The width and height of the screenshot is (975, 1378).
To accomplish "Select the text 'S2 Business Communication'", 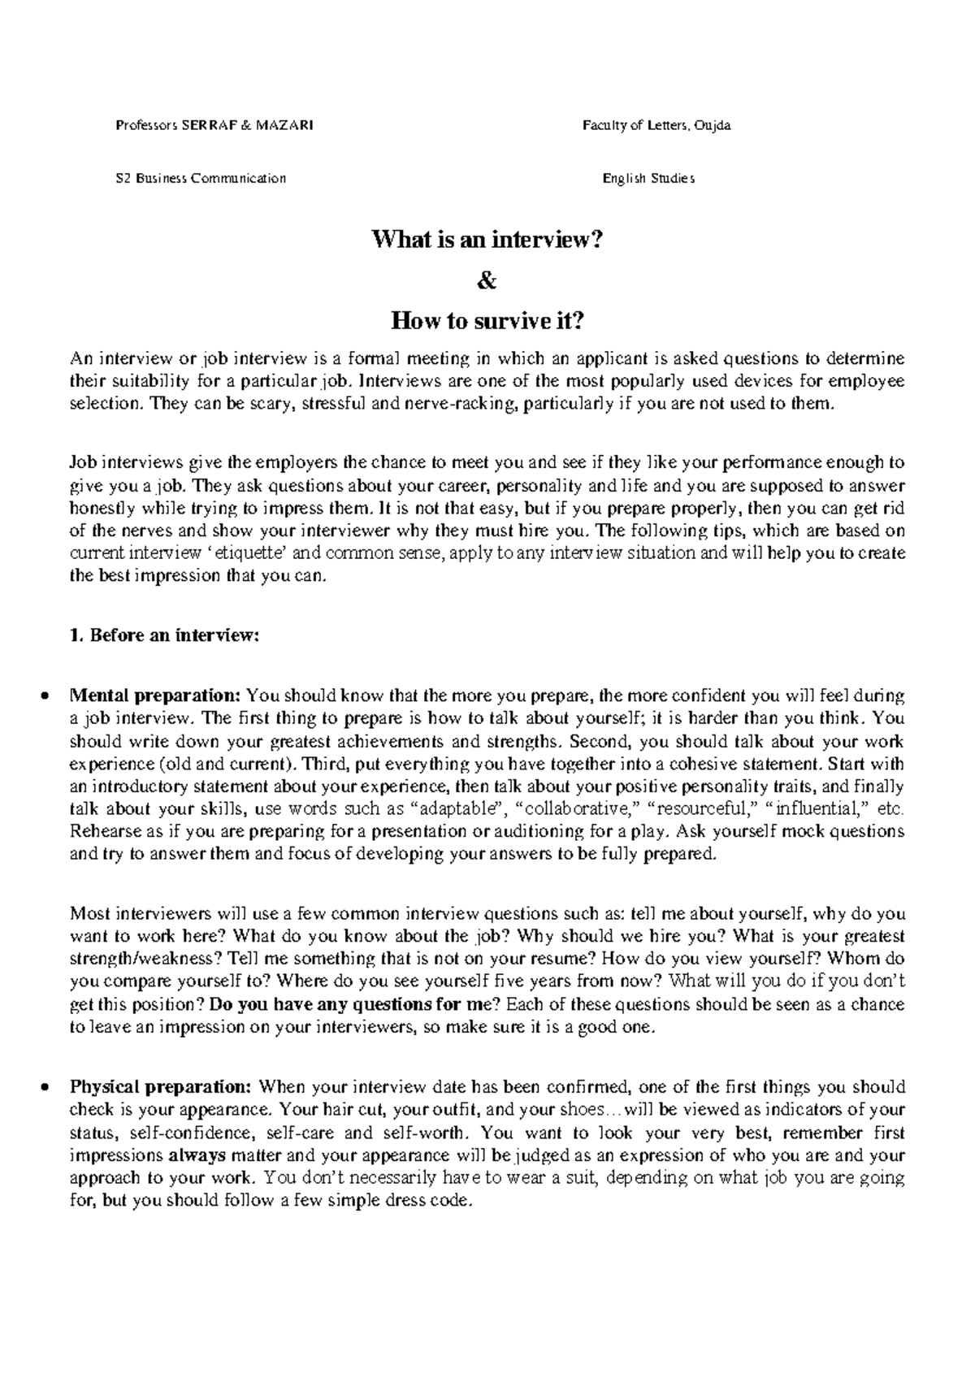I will pyautogui.click(x=201, y=179).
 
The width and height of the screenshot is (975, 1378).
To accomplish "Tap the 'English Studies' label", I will pyautogui.click(x=648, y=179).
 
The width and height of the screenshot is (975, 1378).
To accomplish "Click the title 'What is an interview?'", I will pyautogui.click(x=487, y=240).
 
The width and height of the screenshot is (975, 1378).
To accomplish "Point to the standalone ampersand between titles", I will pyautogui.click(x=487, y=281).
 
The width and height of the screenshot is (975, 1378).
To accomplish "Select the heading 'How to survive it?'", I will pyautogui.click(x=487, y=322).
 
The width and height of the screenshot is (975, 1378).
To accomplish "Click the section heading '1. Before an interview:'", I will pyautogui.click(x=164, y=637).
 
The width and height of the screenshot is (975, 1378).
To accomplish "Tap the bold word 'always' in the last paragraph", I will pyautogui.click(x=198, y=1155).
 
